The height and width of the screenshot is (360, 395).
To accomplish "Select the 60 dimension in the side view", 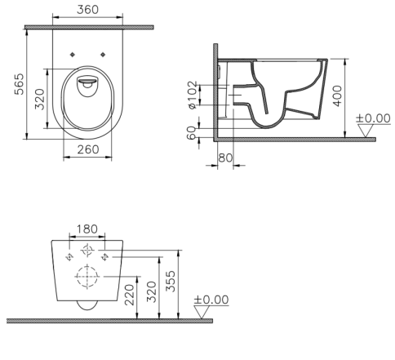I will (x=192, y=133).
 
